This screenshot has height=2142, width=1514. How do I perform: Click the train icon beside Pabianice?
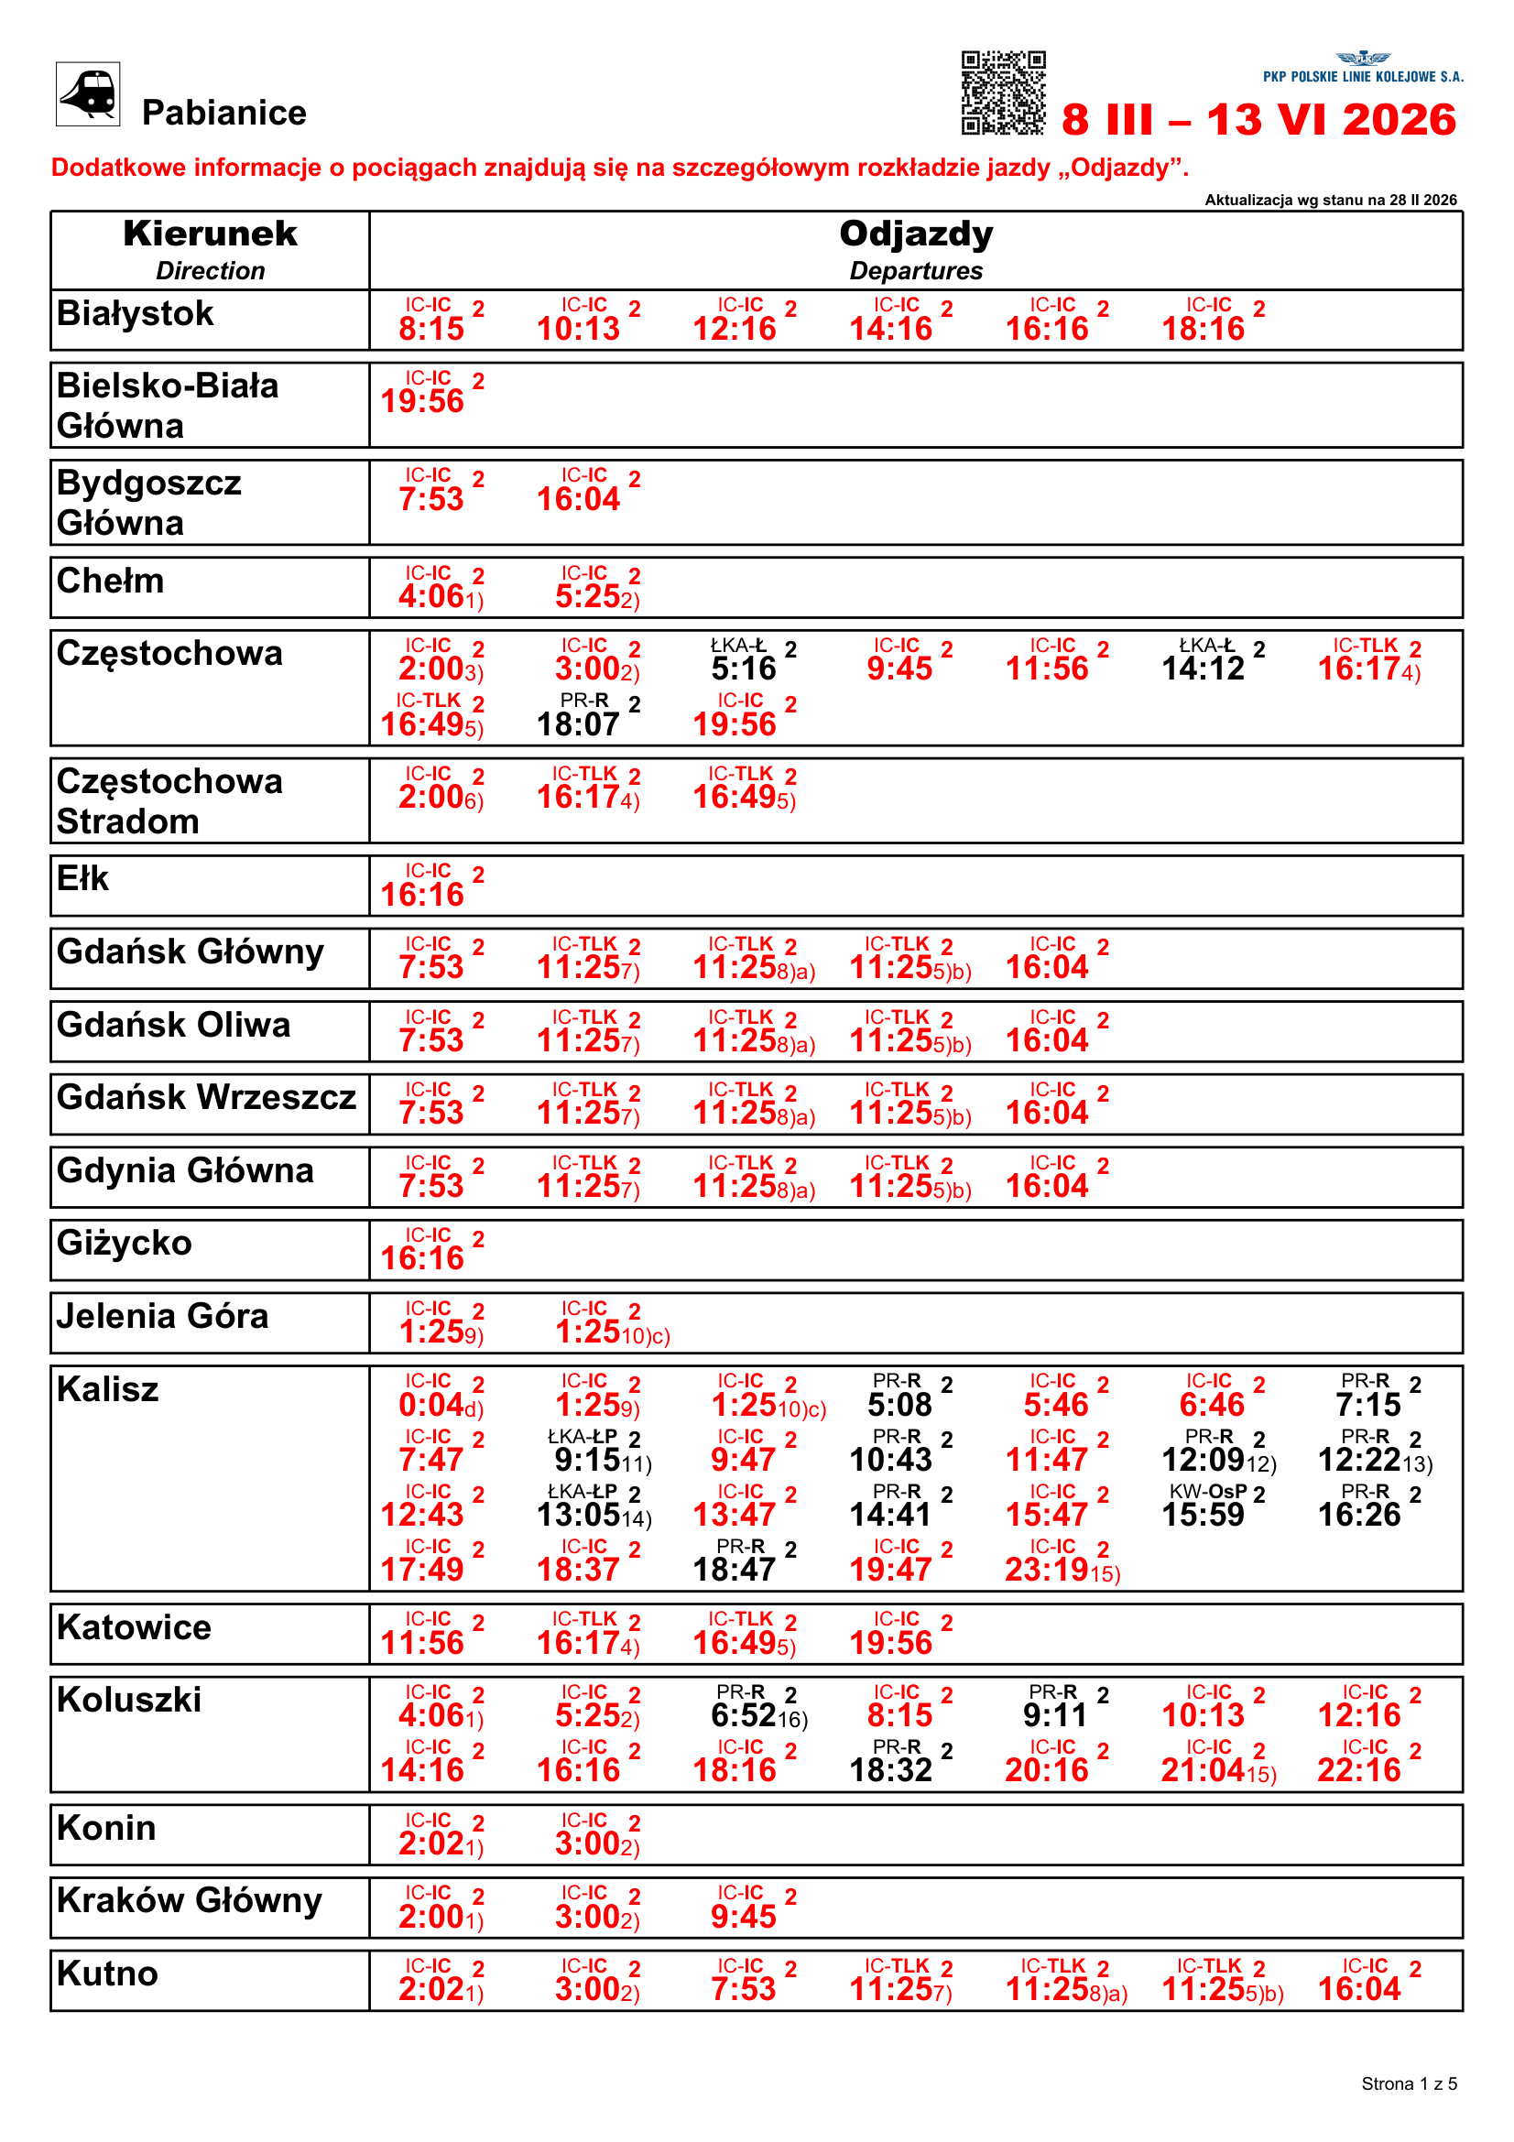point(88,94)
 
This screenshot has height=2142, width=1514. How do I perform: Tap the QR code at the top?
point(1003,93)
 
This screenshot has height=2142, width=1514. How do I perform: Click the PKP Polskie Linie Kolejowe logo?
point(1363,68)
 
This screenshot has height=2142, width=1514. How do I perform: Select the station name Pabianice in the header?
point(223,113)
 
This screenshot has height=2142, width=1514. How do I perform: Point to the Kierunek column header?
point(210,234)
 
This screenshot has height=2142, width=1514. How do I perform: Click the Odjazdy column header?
point(915,234)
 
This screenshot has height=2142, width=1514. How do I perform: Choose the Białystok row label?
point(136,313)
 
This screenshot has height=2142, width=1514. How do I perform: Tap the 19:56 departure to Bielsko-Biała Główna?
point(422,401)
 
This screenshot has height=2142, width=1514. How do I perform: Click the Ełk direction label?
point(83,878)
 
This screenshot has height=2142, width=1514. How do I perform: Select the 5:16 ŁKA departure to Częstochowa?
point(744,668)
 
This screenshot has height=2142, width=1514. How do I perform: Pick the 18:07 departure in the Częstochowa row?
point(578,723)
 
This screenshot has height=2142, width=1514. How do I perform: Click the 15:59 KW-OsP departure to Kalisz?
point(1203,1514)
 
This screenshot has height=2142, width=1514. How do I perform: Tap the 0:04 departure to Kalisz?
point(431,1404)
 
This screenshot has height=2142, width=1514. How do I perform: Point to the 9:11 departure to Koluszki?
point(1055,1714)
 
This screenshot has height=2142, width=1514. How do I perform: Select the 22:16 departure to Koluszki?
point(1359,1770)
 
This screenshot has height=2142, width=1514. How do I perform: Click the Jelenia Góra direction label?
point(162,1315)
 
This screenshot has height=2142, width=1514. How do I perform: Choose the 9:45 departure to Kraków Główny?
point(744,1916)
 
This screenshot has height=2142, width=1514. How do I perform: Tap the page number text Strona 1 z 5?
point(1409,2083)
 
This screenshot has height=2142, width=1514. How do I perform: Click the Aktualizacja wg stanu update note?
point(1330,200)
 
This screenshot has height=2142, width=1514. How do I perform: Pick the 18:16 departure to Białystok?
point(1203,329)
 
